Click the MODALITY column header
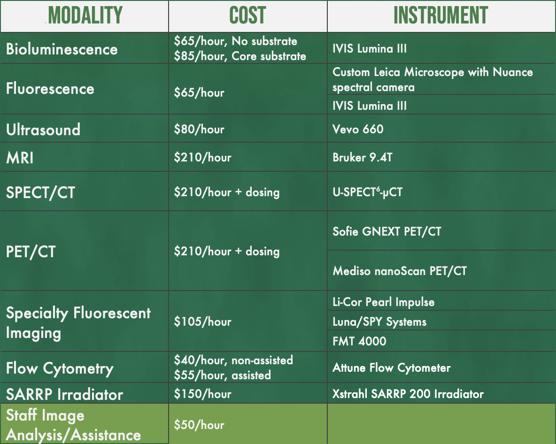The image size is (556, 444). pos(85,16)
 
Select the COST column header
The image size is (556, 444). pos(247,16)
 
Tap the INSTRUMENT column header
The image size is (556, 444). pos(440,16)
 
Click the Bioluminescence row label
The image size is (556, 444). pos(62,49)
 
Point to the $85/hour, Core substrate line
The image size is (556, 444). pos(240,56)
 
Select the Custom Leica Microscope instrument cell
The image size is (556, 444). pos(432,79)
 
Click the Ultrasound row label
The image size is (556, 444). pos(43,130)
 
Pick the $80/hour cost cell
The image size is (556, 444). pos(199,129)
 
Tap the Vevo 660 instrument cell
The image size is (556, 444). pos(358,129)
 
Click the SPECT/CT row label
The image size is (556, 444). pos(40,192)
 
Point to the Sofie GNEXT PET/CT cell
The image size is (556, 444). pos(386,231)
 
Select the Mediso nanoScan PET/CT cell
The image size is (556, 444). pos(400,271)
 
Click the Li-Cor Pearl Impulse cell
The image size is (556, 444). pos(383,302)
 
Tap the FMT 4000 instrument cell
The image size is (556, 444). pos(359,341)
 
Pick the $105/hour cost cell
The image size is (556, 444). pos(202,322)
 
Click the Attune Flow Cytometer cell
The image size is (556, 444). pos(391,367)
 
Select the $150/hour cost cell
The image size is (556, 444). pos(202,393)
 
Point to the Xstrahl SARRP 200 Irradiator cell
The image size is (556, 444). pos(408,393)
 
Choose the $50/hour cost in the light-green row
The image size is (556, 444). pos(199,425)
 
